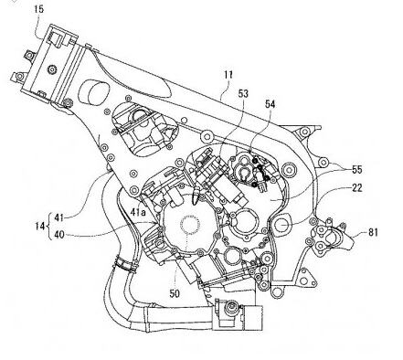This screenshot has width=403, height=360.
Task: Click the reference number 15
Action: [x=39, y=9]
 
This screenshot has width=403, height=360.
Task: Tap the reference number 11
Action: [x=228, y=75]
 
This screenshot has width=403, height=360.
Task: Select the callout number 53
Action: [x=243, y=94]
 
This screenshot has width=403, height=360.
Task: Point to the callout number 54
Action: [x=270, y=104]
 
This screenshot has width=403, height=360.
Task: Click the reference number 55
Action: [x=357, y=170]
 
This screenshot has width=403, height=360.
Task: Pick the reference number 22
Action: [x=357, y=188]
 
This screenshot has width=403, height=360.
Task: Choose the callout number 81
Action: [x=373, y=233]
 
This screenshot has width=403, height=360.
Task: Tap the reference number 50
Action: [x=175, y=293]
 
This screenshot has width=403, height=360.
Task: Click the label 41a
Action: [x=138, y=212]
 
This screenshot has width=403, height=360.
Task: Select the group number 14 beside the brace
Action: [x=40, y=227]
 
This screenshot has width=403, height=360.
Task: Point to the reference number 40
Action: [x=59, y=235]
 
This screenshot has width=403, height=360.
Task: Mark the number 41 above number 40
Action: [x=59, y=217]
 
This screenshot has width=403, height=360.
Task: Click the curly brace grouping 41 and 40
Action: [x=49, y=227]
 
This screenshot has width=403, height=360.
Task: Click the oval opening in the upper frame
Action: [x=94, y=92]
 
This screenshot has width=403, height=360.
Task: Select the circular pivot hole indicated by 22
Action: [x=282, y=225]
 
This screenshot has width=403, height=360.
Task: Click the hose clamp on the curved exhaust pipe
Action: [x=125, y=264]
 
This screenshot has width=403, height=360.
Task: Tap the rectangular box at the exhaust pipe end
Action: [x=252, y=318]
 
